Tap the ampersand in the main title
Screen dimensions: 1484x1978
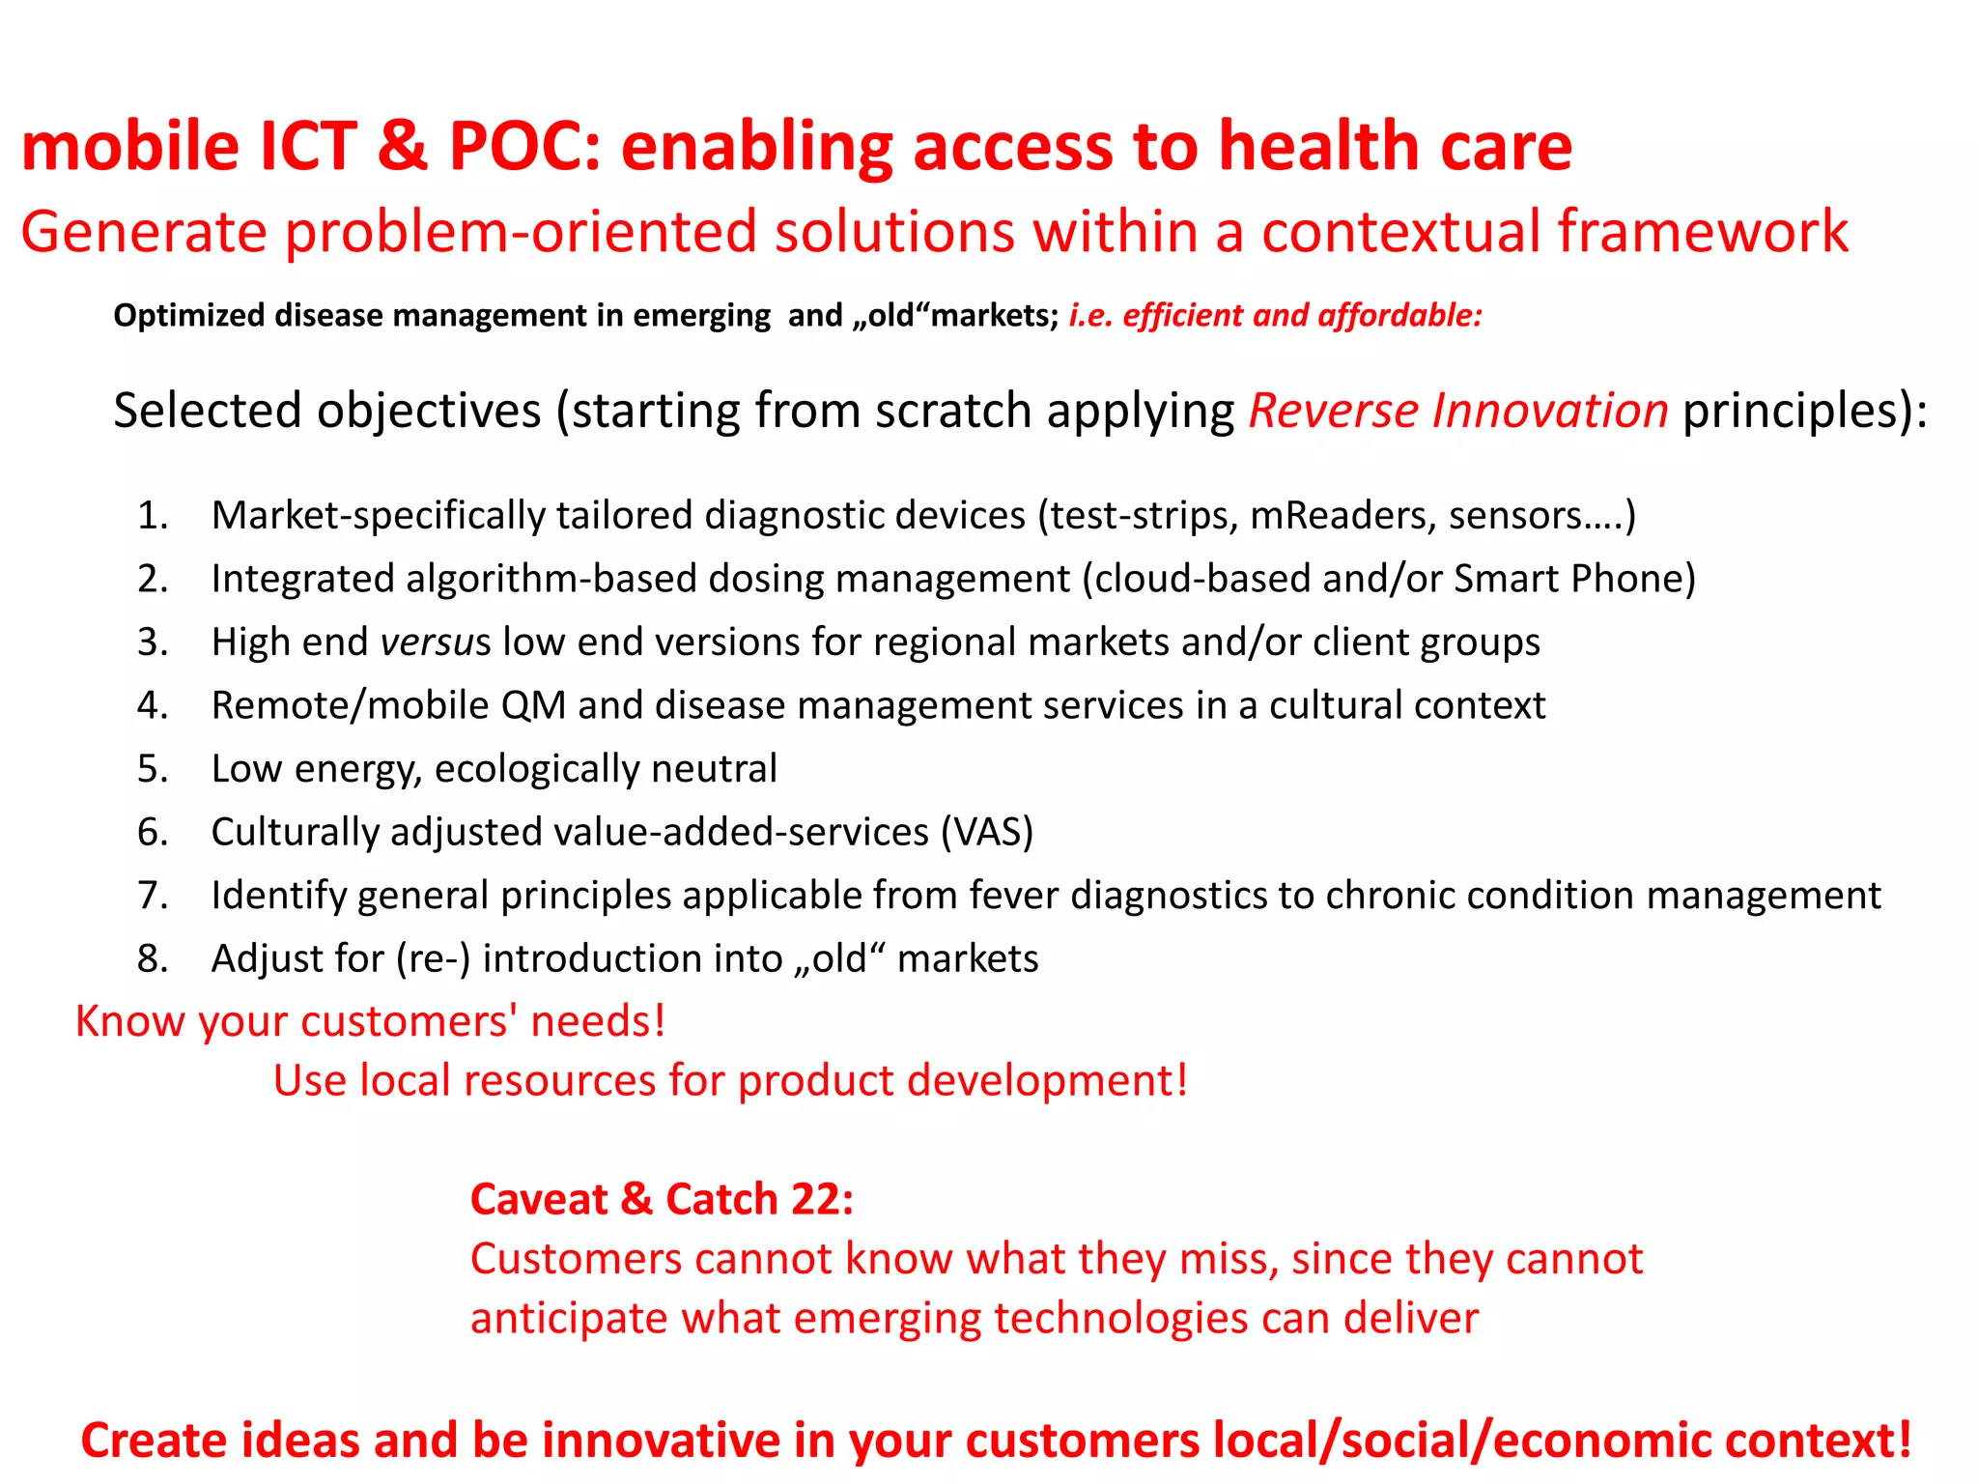click(403, 147)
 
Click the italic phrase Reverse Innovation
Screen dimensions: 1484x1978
click(1458, 411)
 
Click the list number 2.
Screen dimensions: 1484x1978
click(153, 579)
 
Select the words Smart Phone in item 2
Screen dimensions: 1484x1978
click(1574, 579)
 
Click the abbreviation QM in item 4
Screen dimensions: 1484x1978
click(533, 705)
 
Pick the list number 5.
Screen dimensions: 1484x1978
click(153, 769)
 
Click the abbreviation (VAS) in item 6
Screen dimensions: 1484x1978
click(987, 832)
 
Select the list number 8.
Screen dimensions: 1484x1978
click(153, 958)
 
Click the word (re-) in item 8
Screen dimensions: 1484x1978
click(433, 958)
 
